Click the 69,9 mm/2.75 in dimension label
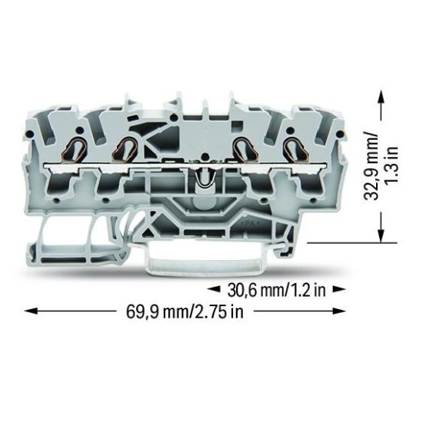coord(185,311)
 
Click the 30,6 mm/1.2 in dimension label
coord(277,290)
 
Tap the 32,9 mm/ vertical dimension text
coord(371,166)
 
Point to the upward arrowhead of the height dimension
coord(381,97)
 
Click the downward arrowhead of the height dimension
coord(381,236)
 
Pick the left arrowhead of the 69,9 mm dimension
coord(31,311)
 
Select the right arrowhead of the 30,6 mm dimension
coord(338,289)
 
